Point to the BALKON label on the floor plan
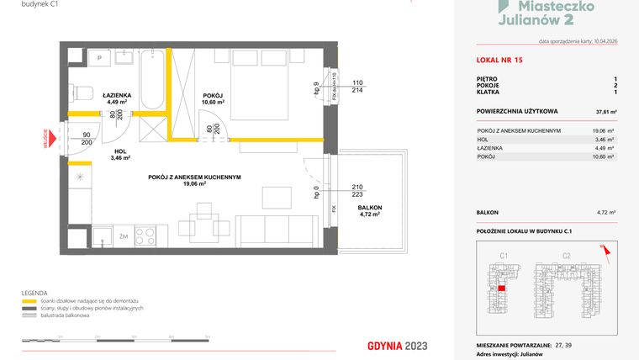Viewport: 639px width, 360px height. pyautogui.click(x=369, y=210)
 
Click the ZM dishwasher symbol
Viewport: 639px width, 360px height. pyautogui.click(x=123, y=238)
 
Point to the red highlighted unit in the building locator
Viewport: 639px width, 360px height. pyautogui.click(x=501, y=289)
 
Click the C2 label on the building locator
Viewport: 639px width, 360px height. pyautogui.click(x=566, y=254)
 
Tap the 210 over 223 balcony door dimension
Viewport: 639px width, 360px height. pyautogui.click(x=357, y=192)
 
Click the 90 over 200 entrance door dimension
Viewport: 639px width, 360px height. pyautogui.click(x=86, y=139)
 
